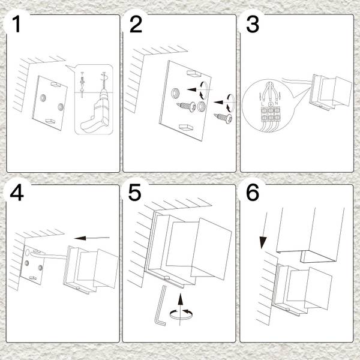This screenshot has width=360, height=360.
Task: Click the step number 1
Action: click(16, 24)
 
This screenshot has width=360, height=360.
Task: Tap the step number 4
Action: click(17, 193)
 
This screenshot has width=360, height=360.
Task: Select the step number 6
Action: click(253, 193)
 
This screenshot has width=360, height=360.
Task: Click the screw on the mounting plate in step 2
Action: click(186, 106)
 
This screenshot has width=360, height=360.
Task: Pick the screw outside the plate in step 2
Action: click(223, 118)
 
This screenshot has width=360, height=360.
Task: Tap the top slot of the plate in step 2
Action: click(194, 73)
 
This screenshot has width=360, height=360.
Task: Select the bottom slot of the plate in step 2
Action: click(187, 127)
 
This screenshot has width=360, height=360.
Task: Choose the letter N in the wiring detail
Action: click(277, 104)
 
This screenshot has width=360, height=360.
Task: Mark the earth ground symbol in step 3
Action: click(271, 104)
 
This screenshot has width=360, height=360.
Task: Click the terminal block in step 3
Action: click(271, 113)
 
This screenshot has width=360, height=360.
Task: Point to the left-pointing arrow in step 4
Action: click(92, 238)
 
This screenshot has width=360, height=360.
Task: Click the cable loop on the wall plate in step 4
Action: click(38, 253)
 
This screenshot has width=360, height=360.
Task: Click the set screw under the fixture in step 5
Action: click(167, 278)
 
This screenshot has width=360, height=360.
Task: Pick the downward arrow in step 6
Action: click(265, 230)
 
